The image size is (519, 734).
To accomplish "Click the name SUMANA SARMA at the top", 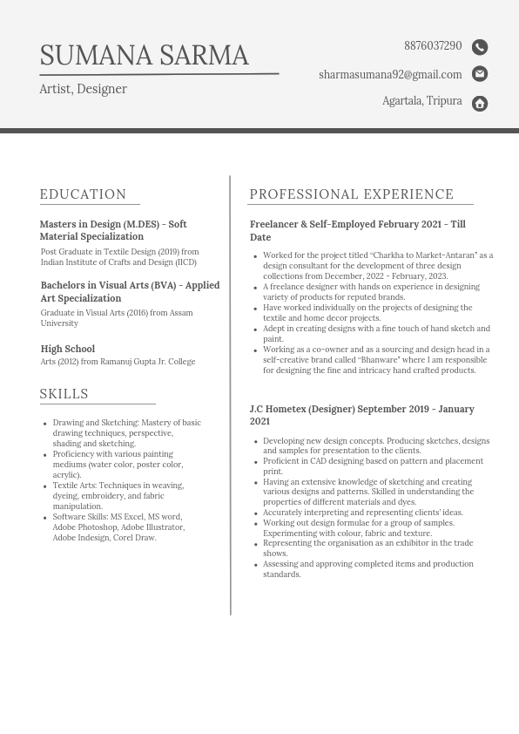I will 145,56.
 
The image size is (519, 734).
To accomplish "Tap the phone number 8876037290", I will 433,46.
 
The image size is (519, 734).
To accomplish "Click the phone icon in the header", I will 480,47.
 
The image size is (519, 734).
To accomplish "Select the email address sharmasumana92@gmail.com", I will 390,75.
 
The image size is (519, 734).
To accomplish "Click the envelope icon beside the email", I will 480,74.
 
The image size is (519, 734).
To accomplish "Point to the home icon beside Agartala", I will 480,104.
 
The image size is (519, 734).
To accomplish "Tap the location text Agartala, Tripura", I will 422,101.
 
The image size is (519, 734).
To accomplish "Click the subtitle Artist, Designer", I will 83,89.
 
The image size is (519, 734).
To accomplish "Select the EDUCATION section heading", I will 84,194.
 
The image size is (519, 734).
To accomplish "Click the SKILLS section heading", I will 64,394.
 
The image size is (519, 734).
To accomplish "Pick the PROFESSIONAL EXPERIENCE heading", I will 352,194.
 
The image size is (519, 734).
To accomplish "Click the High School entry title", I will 68,349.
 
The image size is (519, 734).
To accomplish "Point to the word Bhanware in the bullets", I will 379,360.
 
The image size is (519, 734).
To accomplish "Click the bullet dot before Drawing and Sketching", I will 44,424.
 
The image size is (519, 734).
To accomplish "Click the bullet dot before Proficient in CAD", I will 255,462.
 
